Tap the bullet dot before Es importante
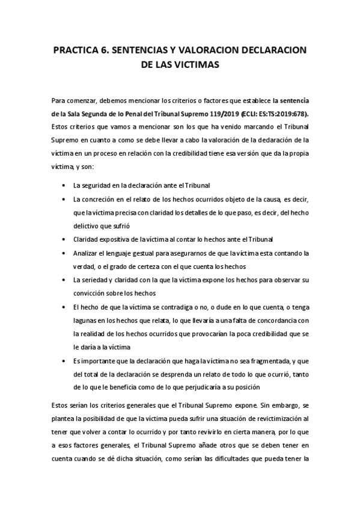(x=64, y=361)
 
